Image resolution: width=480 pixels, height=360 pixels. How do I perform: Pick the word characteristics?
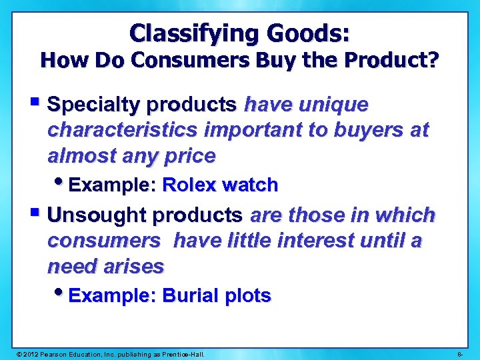tap(123, 131)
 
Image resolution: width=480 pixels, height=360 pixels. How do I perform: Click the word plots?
tap(247, 295)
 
